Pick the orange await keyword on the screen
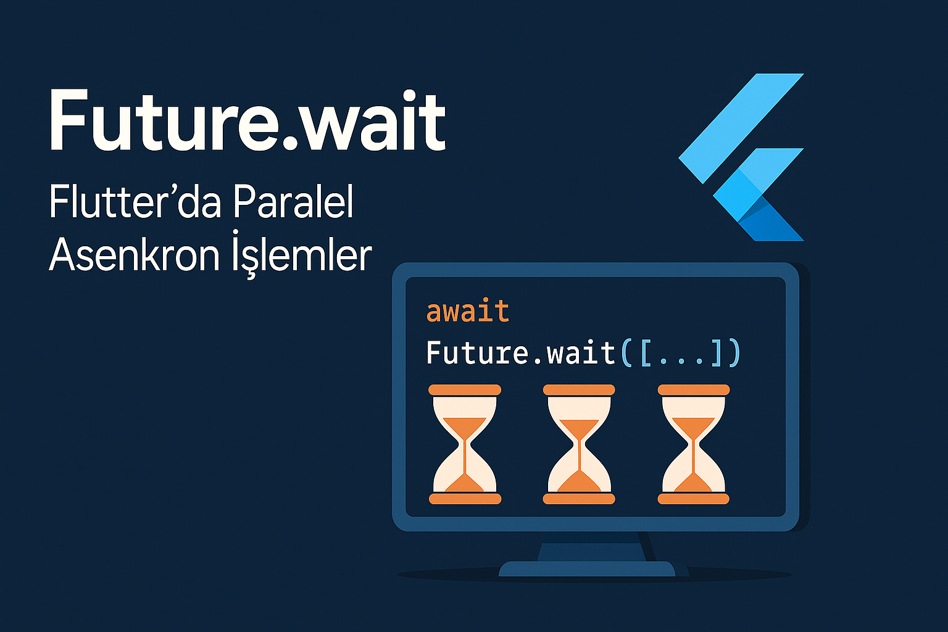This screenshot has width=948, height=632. point(467,311)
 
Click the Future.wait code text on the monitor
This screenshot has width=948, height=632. point(520,353)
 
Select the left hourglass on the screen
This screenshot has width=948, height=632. point(465,444)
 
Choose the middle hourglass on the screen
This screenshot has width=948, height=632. point(579,444)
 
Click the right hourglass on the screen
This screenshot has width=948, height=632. point(694,444)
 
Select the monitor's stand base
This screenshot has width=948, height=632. point(586,568)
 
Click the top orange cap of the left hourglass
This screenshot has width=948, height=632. point(465,390)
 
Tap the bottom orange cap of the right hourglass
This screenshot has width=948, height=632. point(694,499)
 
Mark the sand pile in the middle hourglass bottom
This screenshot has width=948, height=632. point(579,482)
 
